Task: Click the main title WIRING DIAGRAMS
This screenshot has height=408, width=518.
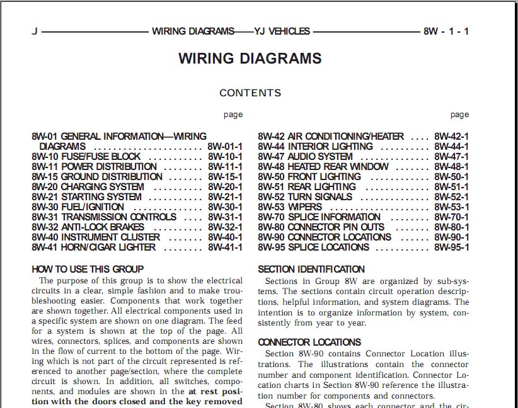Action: [250, 59]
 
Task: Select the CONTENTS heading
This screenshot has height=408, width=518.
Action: [250, 93]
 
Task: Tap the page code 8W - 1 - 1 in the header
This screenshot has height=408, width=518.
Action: [446, 31]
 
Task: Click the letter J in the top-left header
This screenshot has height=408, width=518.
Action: [35, 31]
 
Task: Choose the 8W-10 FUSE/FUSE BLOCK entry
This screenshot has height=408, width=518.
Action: [86, 157]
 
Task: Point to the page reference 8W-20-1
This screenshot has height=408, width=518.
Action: [225, 187]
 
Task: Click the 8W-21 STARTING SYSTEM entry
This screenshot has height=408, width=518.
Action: [86, 197]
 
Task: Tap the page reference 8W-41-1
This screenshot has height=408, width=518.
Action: [225, 247]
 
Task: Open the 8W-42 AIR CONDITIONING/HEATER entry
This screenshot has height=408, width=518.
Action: [331, 137]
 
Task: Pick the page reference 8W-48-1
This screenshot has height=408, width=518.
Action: [452, 167]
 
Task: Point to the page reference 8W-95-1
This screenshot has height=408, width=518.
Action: [452, 247]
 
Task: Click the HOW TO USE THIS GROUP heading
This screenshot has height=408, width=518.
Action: [88, 269]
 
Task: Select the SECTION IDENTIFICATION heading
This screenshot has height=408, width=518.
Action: [311, 269]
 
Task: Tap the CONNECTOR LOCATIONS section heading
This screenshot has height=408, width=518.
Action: [309, 343]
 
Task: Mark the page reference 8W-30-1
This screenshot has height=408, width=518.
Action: [225, 207]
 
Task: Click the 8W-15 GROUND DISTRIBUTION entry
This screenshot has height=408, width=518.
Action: [97, 177]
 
